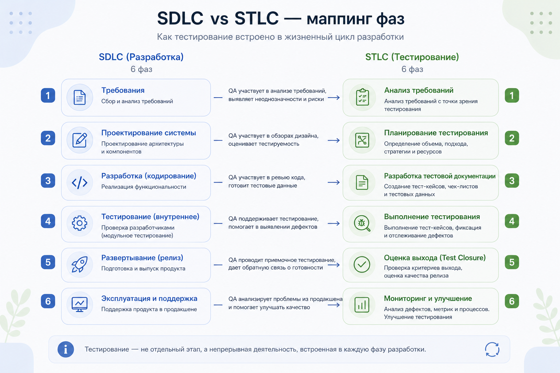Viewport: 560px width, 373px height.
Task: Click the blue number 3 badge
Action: click(x=48, y=181)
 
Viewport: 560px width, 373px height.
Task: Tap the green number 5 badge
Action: click(x=512, y=262)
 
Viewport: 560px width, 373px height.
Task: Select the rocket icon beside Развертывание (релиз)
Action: click(x=79, y=264)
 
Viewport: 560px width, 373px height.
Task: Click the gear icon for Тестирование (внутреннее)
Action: click(x=79, y=223)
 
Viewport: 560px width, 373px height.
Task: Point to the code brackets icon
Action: click(x=79, y=182)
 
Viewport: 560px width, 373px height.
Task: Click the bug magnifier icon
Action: click(x=362, y=223)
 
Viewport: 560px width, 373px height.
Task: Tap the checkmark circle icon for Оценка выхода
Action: click(x=362, y=264)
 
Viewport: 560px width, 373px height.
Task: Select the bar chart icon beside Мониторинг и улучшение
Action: click(x=362, y=305)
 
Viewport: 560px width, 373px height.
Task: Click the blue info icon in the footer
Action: click(x=66, y=349)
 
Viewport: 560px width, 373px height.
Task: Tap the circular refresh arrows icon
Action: click(x=492, y=349)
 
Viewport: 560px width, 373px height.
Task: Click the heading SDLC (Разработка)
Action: click(x=141, y=57)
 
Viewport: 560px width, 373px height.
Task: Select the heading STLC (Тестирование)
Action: click(x=412, y=57)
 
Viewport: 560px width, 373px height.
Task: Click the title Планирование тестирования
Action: click(x=436, y=133)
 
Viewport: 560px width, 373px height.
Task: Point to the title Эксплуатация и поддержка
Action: click(x=149, y=299)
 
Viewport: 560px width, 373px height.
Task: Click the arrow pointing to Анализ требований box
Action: click(x=334, y=98)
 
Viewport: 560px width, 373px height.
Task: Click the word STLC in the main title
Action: click(x=256, y=19)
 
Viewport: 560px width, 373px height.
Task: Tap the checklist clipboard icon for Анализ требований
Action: click(x=362, y=97)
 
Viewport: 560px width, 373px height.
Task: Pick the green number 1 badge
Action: click(x=512, y=95)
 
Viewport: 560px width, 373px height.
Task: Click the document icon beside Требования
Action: click(x=79, y=97)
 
